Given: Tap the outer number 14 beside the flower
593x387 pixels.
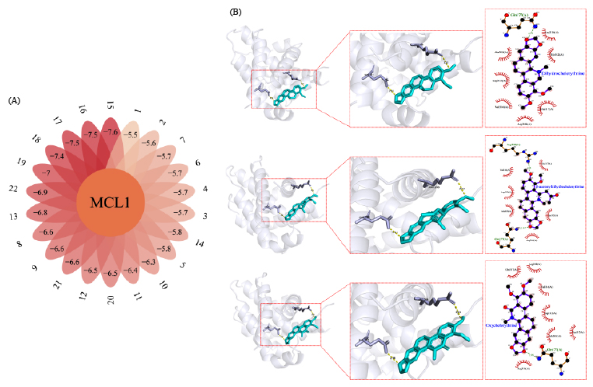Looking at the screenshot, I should coord(201,242).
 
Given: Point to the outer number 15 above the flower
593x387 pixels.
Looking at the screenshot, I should coord(111,104).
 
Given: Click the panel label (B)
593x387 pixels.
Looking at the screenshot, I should coord(237,13).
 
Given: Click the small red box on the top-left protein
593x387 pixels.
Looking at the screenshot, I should coord(284,89).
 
